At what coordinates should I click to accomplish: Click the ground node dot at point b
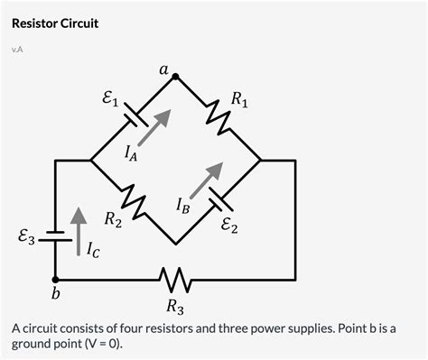click(55, 279)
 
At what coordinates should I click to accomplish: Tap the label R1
click(240, 99)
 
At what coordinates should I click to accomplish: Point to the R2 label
click(113, 218)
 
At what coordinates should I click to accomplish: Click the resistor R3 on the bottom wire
click(175, 279)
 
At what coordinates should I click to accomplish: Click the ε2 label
click(229, 226)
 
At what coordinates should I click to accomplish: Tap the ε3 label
click(27, 238)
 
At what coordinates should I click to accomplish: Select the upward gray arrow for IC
click(79, 221)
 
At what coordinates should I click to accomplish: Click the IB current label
click(183, 208)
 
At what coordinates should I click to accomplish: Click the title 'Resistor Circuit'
click(54, 22)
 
